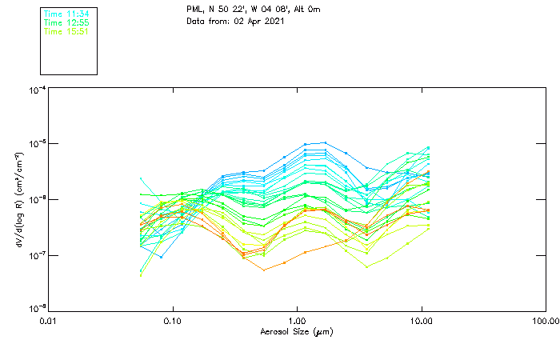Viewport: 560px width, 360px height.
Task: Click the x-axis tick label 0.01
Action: [x=49, y=321]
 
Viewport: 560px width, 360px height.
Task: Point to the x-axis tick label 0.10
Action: [x=173, y=321]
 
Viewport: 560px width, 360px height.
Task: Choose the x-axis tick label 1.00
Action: [x=297, y=321]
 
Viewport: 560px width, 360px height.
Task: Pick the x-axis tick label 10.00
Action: [x=421, y=321]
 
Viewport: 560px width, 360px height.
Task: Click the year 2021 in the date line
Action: [x=273, y=21]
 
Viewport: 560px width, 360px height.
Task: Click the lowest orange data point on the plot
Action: [x=264, y=270]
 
